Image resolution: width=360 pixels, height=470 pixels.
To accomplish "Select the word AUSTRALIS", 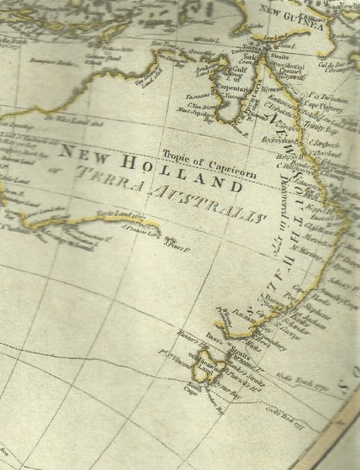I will point(207,199).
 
